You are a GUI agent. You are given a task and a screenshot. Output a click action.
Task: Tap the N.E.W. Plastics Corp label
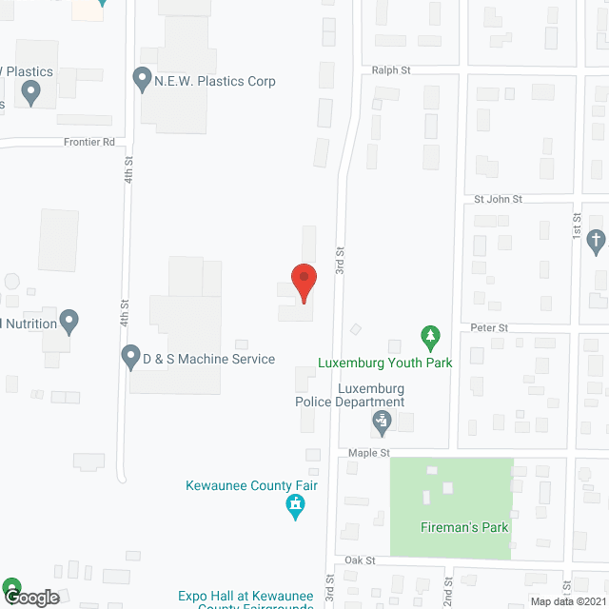215,81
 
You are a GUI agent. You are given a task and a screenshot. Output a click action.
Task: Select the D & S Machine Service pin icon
131,358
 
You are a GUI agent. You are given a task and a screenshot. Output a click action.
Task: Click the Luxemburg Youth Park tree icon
431,336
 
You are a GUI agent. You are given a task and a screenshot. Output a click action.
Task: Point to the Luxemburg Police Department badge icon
382,420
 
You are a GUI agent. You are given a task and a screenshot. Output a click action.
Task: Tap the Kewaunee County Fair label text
251,485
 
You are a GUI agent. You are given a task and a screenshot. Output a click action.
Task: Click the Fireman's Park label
465,527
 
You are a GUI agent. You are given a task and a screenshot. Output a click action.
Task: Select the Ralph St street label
391,70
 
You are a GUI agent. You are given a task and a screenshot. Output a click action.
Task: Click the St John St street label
499,199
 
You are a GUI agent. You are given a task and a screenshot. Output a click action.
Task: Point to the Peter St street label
490,327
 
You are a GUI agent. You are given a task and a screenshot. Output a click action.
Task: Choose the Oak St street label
361,560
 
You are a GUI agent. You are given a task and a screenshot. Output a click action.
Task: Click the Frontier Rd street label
89,142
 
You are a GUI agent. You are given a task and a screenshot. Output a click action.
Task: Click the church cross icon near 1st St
597,240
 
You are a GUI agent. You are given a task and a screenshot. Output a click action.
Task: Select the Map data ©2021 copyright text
567,601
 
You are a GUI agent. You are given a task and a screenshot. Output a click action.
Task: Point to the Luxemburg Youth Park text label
385,363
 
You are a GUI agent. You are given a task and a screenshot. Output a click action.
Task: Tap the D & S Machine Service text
208,359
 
